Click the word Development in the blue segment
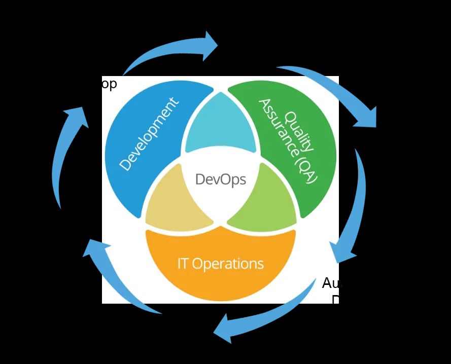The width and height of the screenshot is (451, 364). [149, 134]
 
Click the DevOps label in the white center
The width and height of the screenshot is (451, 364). [221, 179]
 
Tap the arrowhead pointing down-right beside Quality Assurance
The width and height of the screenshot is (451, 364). [367, 117]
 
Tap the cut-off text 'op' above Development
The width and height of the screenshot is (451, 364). [109, 84]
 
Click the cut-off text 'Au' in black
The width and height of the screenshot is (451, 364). [330, 283]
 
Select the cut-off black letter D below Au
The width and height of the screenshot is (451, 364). [335, 300]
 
